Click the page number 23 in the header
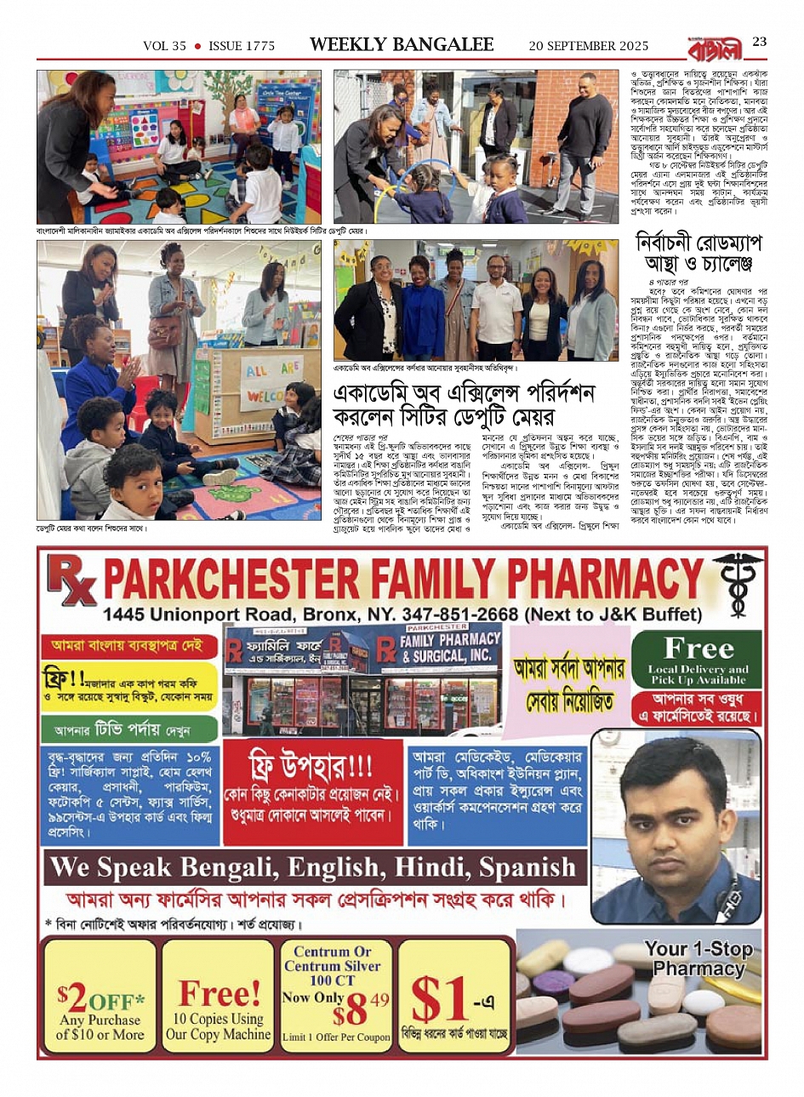point(759,43)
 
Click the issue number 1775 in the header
point(256,46)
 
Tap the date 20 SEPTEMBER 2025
point(588,46)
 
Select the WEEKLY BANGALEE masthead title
point(402,45)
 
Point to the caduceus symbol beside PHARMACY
point(737,579)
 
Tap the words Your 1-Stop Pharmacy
point(698,958)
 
